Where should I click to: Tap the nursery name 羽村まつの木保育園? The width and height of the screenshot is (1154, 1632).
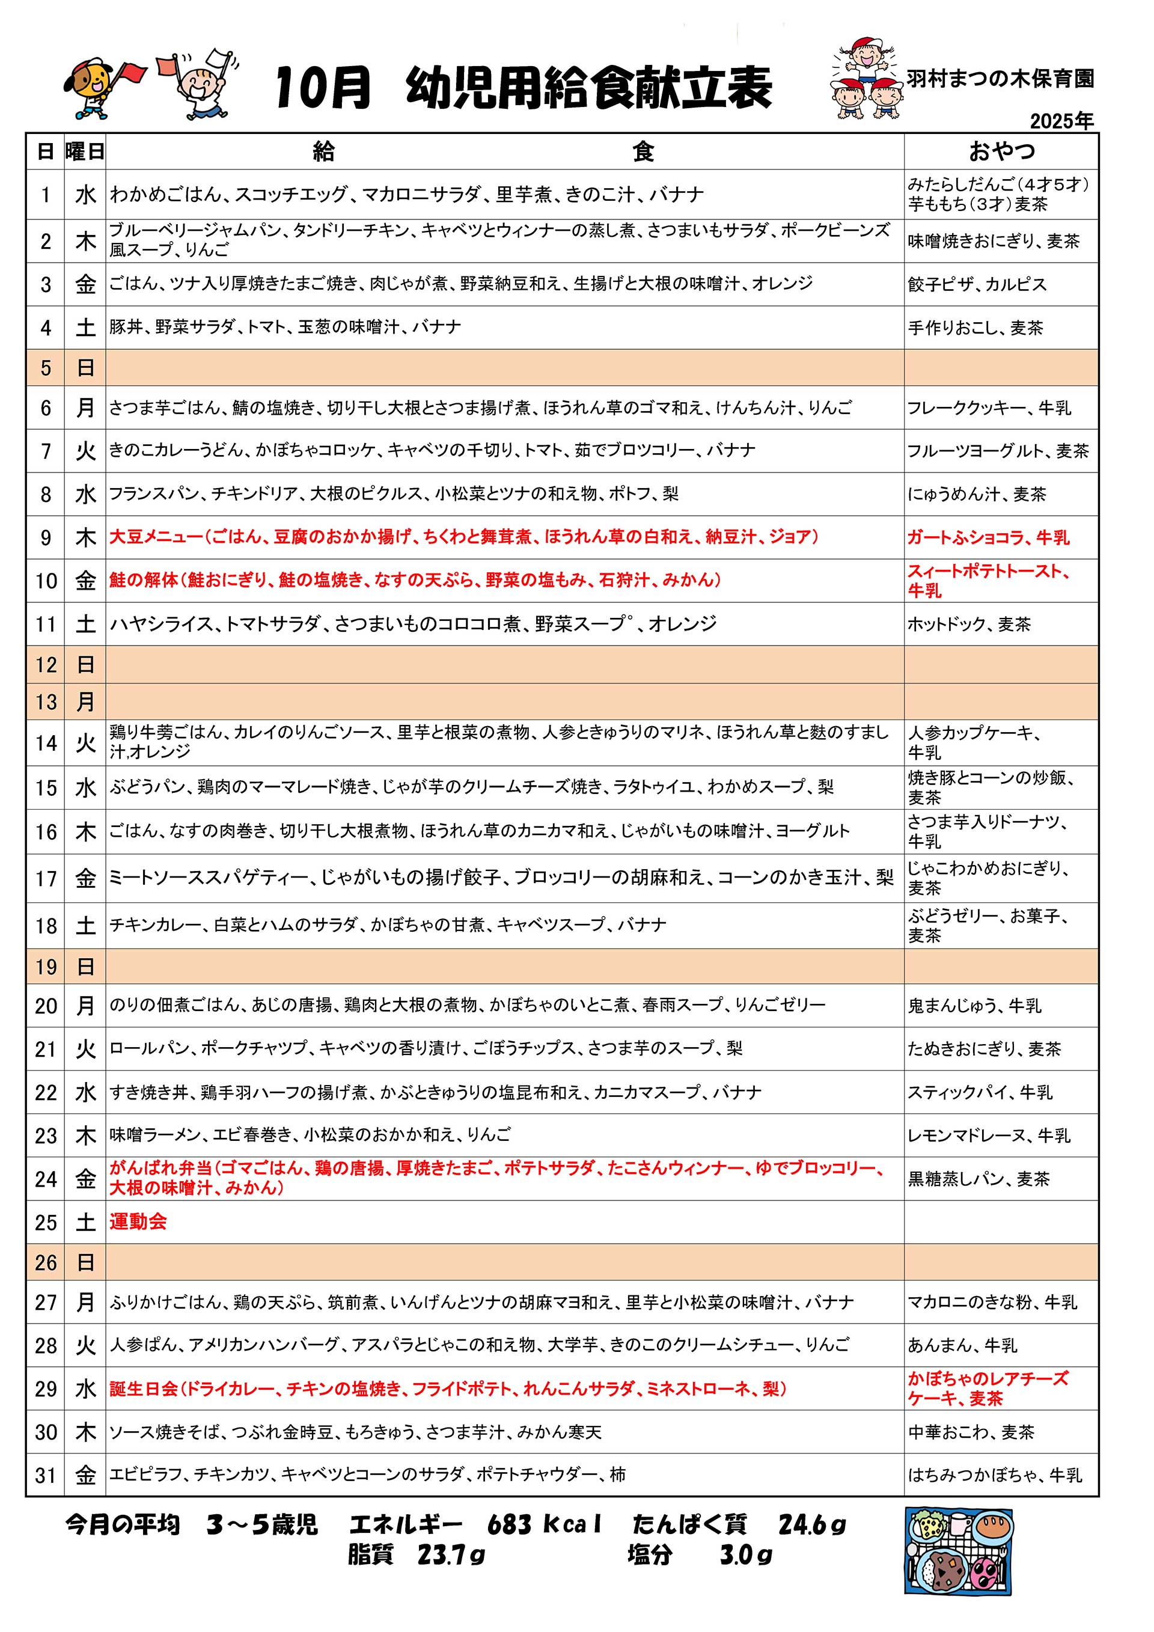pyautogui.click(x=999, y=79)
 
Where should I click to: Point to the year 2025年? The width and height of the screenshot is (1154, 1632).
pyautogui.click(x=1061, y=121)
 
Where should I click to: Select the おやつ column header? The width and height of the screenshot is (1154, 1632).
pyautogui.click(x=1001, y=151)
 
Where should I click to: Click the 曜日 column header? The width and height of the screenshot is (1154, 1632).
pyautogui.click(x=85, y=151)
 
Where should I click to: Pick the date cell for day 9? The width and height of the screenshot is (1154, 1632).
pyautogui.click(x=46, y=537)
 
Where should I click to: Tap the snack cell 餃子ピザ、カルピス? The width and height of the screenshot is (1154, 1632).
pyautogui.click(x=977, y=284)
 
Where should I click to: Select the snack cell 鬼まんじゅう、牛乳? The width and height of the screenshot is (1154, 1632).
pyautogui.click(x=974, y=1006)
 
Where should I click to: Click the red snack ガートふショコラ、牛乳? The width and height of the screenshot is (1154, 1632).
pyautogui.click(x=988, y=537)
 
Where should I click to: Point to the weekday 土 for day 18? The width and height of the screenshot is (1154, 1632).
pyautogui.click(x=85, y=926)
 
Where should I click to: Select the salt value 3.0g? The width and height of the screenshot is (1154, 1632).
pyautogui.click(x=745, y=1554)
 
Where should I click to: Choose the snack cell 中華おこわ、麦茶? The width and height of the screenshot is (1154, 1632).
pyautogui.click(x=971, y=1432)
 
